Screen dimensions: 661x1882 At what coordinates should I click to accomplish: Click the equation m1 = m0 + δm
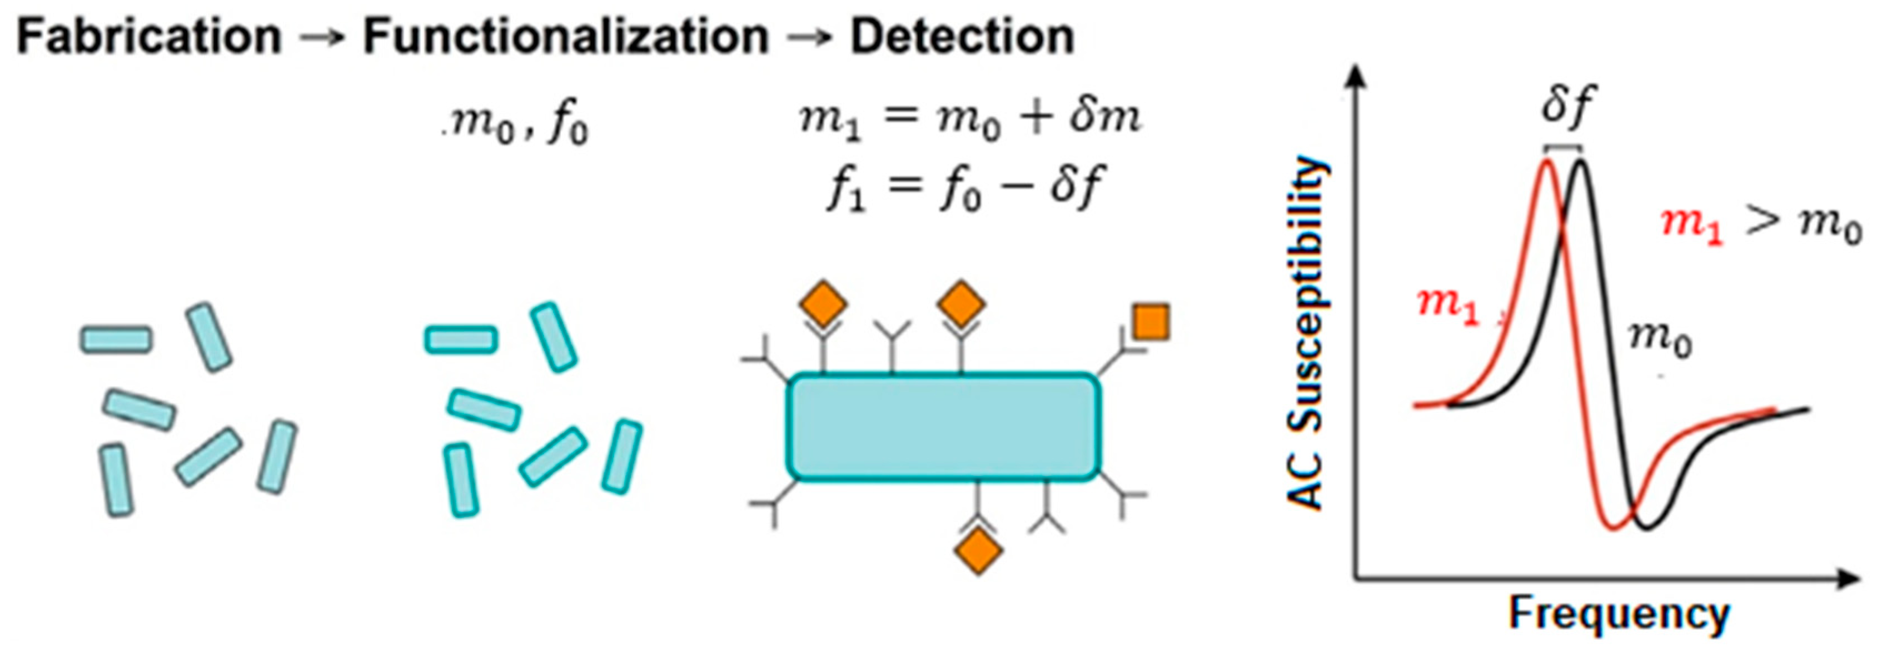(969, 119)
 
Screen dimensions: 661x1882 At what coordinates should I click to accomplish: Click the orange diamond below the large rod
(978, 552)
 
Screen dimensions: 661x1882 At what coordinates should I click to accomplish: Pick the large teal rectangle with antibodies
(943, 427)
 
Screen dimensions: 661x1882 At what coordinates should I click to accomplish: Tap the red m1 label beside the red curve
(1447, 306)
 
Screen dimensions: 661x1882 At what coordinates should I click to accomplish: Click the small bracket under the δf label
(1564, 148)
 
